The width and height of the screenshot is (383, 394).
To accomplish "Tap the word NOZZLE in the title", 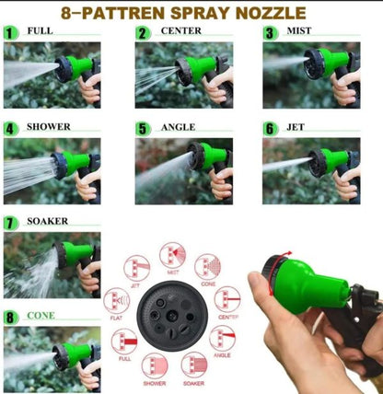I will pyautogui.click(x=273, y=13).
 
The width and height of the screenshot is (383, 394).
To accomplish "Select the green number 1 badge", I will pyautogui.click(x=10, y=32).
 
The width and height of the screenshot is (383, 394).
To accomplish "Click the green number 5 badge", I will pyautogui.click(x=142, y=129).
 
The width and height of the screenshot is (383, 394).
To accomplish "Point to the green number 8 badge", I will pyautogui.click(x=10, y=318).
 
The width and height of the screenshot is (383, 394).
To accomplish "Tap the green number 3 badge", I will pyautogui.click(x=270, y=32).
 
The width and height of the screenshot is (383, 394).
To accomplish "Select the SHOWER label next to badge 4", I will pyautogui.click(x=48, y=127).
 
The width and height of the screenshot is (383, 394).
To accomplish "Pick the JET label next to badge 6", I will pyautogui.click(x=296, y=127).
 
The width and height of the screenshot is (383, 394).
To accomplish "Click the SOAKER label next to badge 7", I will pyautogui.click(x=47, y=222).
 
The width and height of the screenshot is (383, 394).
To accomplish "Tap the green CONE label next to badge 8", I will pyautogui.click(x=40, y=316).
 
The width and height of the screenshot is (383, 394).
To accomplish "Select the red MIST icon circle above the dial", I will pyautogui.click(x=172, y=255).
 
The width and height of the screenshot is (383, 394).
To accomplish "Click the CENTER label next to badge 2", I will pyautogui.click(x=180, y=31).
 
